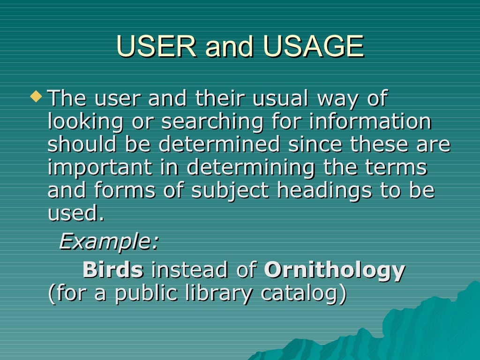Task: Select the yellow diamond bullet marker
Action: coord(36,97)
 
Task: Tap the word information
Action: coord(370,122)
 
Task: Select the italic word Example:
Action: coord(109,242)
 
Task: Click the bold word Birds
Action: coord(113,270)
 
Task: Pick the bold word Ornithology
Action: coord(334,270)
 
